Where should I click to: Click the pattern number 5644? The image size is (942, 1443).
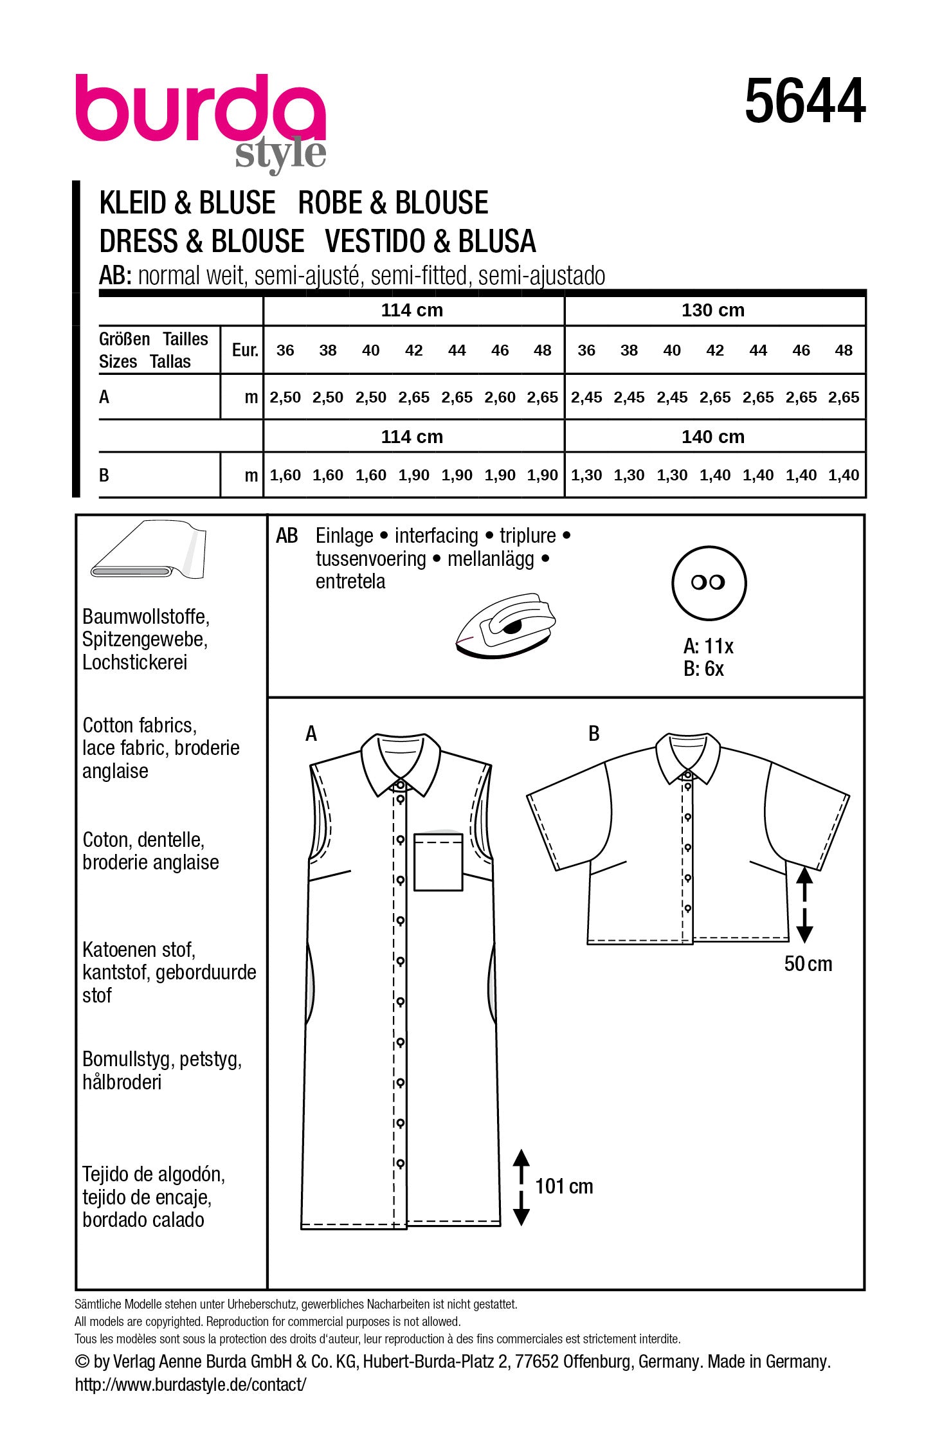(804, 102)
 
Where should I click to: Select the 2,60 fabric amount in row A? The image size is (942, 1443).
(500, 397)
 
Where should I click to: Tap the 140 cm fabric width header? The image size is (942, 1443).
(713, 437)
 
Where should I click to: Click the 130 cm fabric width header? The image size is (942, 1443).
(713, 310)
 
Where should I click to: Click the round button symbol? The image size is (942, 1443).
(709, 583)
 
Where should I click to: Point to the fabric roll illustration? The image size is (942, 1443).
(148, 552)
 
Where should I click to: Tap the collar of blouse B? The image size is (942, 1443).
(687, 756)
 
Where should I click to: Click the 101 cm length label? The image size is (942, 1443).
(564, 1186)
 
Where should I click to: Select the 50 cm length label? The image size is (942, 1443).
(808, 963)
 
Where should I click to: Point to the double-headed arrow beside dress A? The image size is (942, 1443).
(521, 1187)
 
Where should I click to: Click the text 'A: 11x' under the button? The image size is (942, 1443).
(708, 646)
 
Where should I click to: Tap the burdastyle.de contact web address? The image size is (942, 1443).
(190, 1384)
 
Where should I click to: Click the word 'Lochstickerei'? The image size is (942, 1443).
(135, 662)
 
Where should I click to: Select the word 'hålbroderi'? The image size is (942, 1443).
(122, 1082)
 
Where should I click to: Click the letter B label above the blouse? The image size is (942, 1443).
(594, 733)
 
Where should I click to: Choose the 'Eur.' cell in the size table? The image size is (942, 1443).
(244, 350)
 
